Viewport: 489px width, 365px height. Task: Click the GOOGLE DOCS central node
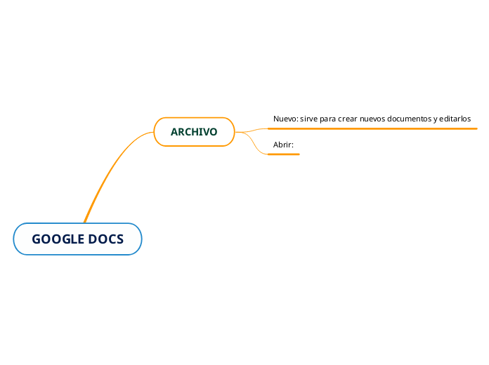tap(78, 239)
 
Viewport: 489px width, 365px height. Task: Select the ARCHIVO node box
tap(194, 132)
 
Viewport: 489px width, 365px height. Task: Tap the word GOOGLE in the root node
tap(58, 239)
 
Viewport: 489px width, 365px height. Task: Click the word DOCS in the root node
tap(105, 239)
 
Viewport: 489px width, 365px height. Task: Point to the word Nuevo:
tap(286, 119)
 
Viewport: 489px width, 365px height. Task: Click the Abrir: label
tap(283, 145)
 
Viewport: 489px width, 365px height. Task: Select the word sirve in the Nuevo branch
tap(308, 119)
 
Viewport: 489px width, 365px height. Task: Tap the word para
tap(328, 119)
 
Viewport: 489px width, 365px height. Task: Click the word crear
tap(347, 119)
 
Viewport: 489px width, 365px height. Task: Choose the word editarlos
tap(455, 119)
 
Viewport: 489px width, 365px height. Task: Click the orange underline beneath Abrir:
tap(283, 154)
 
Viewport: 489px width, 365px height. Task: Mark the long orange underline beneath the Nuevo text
tap(372, 128)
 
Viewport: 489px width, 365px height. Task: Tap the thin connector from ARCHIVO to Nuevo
tap(252, 131)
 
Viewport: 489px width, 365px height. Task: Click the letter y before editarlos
tap(436, 119)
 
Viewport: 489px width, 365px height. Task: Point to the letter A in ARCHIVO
tap(174, 132)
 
